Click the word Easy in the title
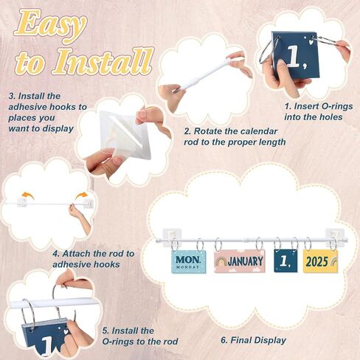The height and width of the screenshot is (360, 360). tap(51, 24)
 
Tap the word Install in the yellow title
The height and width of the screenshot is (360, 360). tap(103, 61)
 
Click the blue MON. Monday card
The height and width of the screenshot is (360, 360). tap(188, 261)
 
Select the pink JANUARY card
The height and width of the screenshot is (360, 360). tap(240, 261)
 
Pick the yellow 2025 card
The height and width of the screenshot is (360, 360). tap(320, 261)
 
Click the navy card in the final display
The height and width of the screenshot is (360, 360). tap(285, 261)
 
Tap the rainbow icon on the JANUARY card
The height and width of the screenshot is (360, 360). tap(221, 262)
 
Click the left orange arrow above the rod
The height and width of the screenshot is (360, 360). tap(28, 195)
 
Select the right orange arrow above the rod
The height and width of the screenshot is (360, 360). tap(81, 195)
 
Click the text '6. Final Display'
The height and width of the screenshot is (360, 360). tap(253, 340)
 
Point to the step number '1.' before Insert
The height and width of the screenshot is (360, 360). tap(288, 106)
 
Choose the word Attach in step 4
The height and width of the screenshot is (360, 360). tap(79, 254)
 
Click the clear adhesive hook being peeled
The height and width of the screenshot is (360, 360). tap(125, 134)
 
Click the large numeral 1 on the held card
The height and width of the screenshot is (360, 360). tap(294, 57)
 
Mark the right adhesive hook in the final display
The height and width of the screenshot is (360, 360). tap(334, 235)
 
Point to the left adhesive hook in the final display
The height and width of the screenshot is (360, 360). tap(173, 236)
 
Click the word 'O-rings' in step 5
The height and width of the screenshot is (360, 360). tap(118, 342)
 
